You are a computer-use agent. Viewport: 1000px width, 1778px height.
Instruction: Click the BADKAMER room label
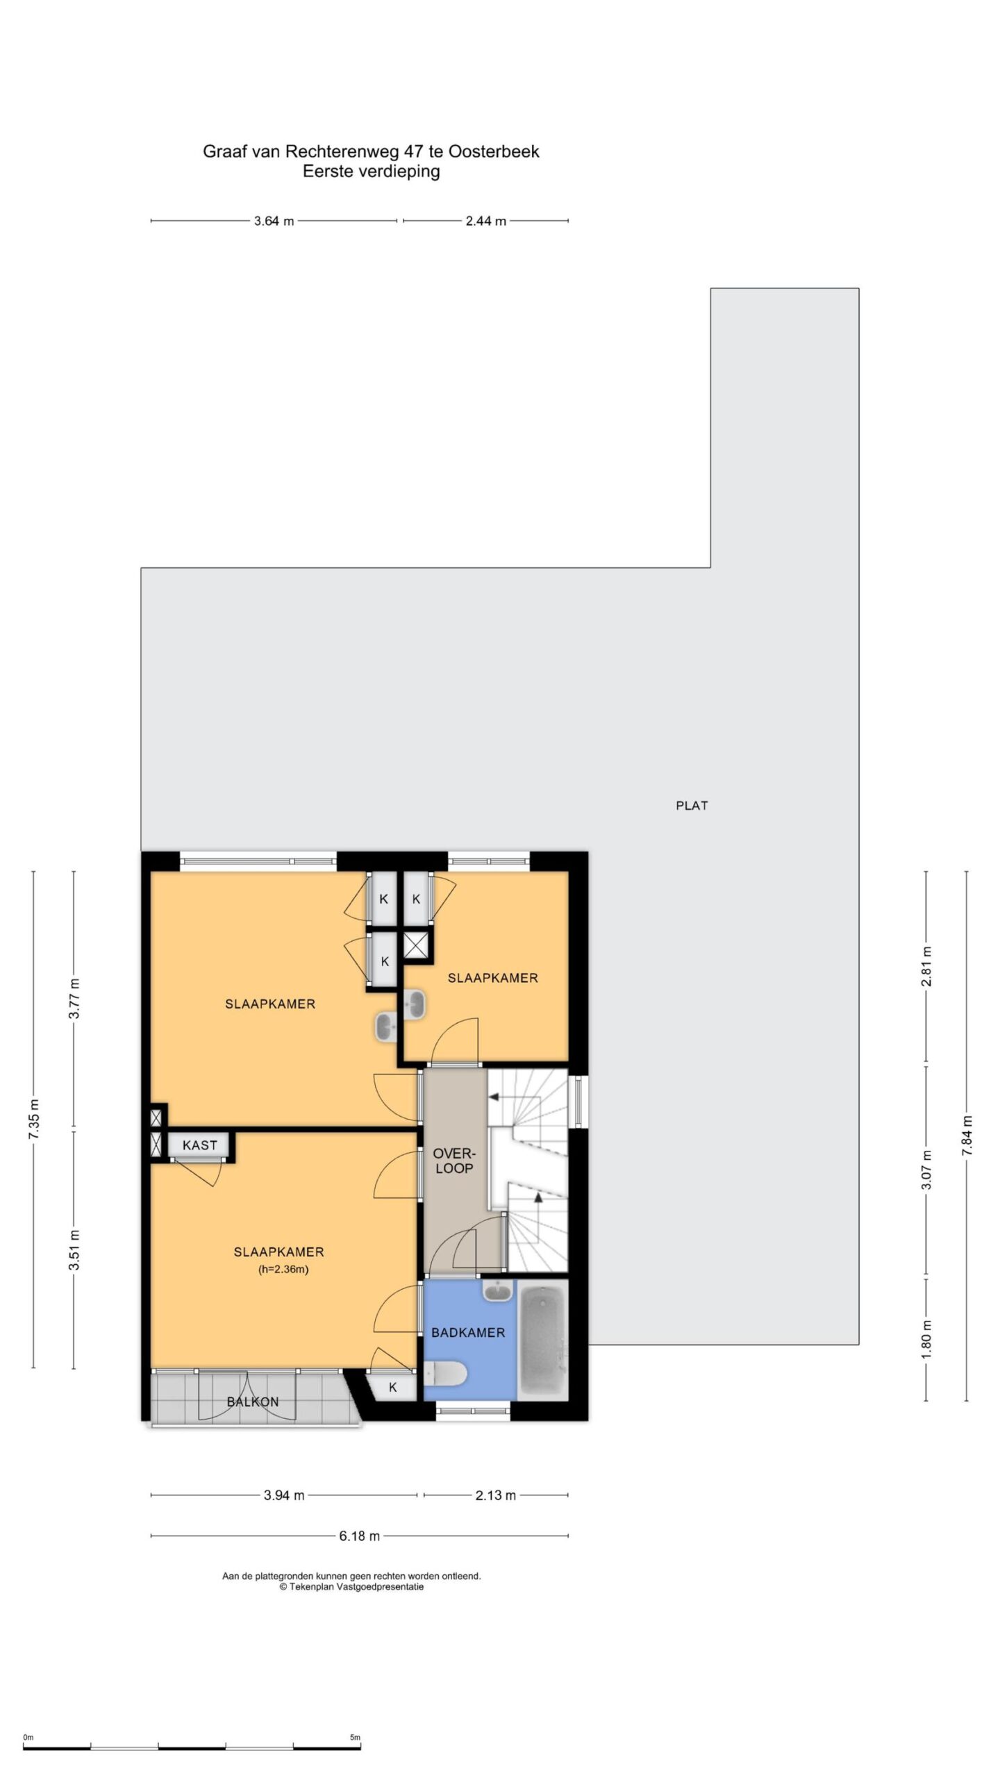(x=467, y=1332)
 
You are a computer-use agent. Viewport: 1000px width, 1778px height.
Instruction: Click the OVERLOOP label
(x=453, y=1161)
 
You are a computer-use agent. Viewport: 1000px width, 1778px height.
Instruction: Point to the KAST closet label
(x=200, y=1145)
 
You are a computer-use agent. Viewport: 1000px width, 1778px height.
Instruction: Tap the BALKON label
(x=253, y=1402)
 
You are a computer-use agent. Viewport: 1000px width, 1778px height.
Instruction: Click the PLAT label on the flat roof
(x=692, y=806)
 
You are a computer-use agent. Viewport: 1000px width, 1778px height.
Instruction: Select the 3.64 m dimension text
(x=274, y=222)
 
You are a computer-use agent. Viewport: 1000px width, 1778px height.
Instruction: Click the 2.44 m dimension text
(x=485, y=222)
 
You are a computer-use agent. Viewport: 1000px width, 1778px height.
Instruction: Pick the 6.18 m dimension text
(x=359, y=1536)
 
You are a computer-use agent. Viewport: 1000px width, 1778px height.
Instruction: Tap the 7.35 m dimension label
(x=34, y=1119)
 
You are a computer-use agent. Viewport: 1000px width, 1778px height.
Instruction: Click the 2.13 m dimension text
(x=495, y=1495)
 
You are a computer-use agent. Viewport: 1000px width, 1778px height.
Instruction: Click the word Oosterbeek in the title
(x=494, y=151)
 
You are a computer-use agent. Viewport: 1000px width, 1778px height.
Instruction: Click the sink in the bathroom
(x=497, y=1291)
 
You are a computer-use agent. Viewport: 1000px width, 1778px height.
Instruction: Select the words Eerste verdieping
(x=371, y=172)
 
